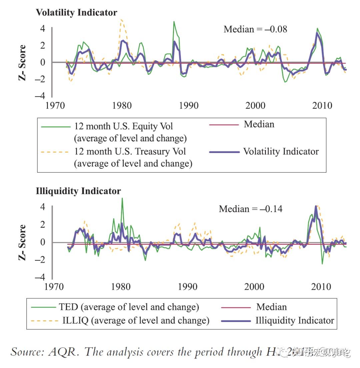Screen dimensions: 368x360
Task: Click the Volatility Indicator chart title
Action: click(x=76, y=13)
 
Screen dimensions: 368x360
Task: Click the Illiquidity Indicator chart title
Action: click(x=78, y=191)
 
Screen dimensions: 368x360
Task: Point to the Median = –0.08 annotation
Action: click(x=255, y=29)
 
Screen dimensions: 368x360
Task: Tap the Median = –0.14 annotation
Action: click(x=250, y=209)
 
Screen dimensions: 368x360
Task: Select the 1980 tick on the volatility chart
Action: click(x=122, y=105)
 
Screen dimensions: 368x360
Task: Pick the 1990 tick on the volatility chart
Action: click(x=188, y=105)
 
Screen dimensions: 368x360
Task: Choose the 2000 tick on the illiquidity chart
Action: click(x=254, y=286)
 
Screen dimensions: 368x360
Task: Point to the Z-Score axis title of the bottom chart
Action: click(x=22, y=243)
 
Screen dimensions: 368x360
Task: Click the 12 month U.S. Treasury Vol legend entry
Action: click(x=130, y=152)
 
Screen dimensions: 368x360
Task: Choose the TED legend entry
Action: click(x=129, y=307)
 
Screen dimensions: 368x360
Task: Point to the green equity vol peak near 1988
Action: click(x=174, y=22)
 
